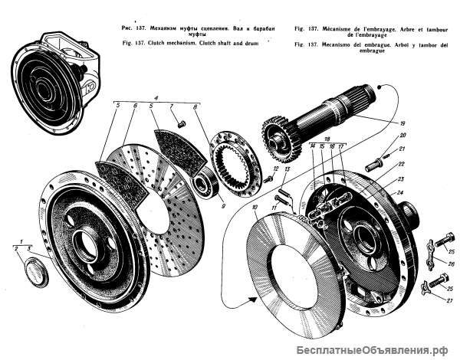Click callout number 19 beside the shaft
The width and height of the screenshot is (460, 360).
tap(403, 123)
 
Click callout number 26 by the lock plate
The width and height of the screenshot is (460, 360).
tap(451, 263)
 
